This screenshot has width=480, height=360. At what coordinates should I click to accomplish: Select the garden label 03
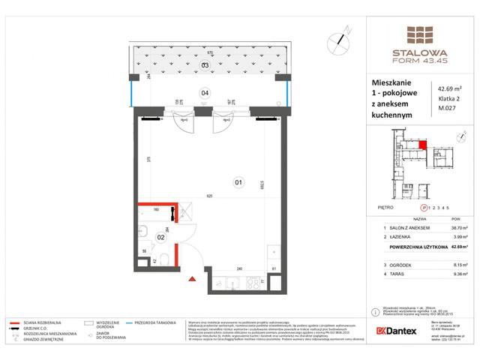pos(204,65)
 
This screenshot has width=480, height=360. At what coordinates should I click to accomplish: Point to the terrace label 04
pos(204,92)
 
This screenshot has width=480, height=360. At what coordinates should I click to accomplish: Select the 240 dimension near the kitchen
pos(239,267)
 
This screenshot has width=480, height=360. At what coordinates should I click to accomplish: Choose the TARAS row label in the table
pos(394,274)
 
